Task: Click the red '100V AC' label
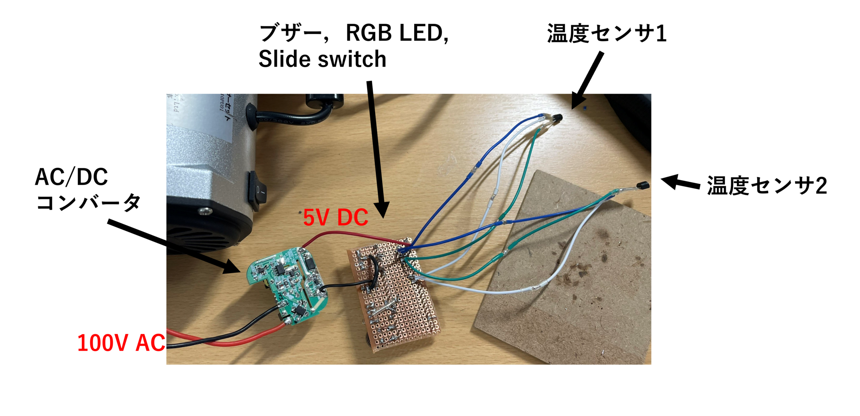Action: (x=121, y=343)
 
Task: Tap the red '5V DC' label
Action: (x=336, y=217)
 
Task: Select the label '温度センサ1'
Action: (x=607, y=34)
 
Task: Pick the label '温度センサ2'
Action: (x=767, y=186)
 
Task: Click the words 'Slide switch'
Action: (x=322, y=59)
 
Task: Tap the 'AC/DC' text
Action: (x=71, y=177)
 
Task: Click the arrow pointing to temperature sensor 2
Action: (x=680, y=183)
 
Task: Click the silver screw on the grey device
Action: (x=204, y=212)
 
